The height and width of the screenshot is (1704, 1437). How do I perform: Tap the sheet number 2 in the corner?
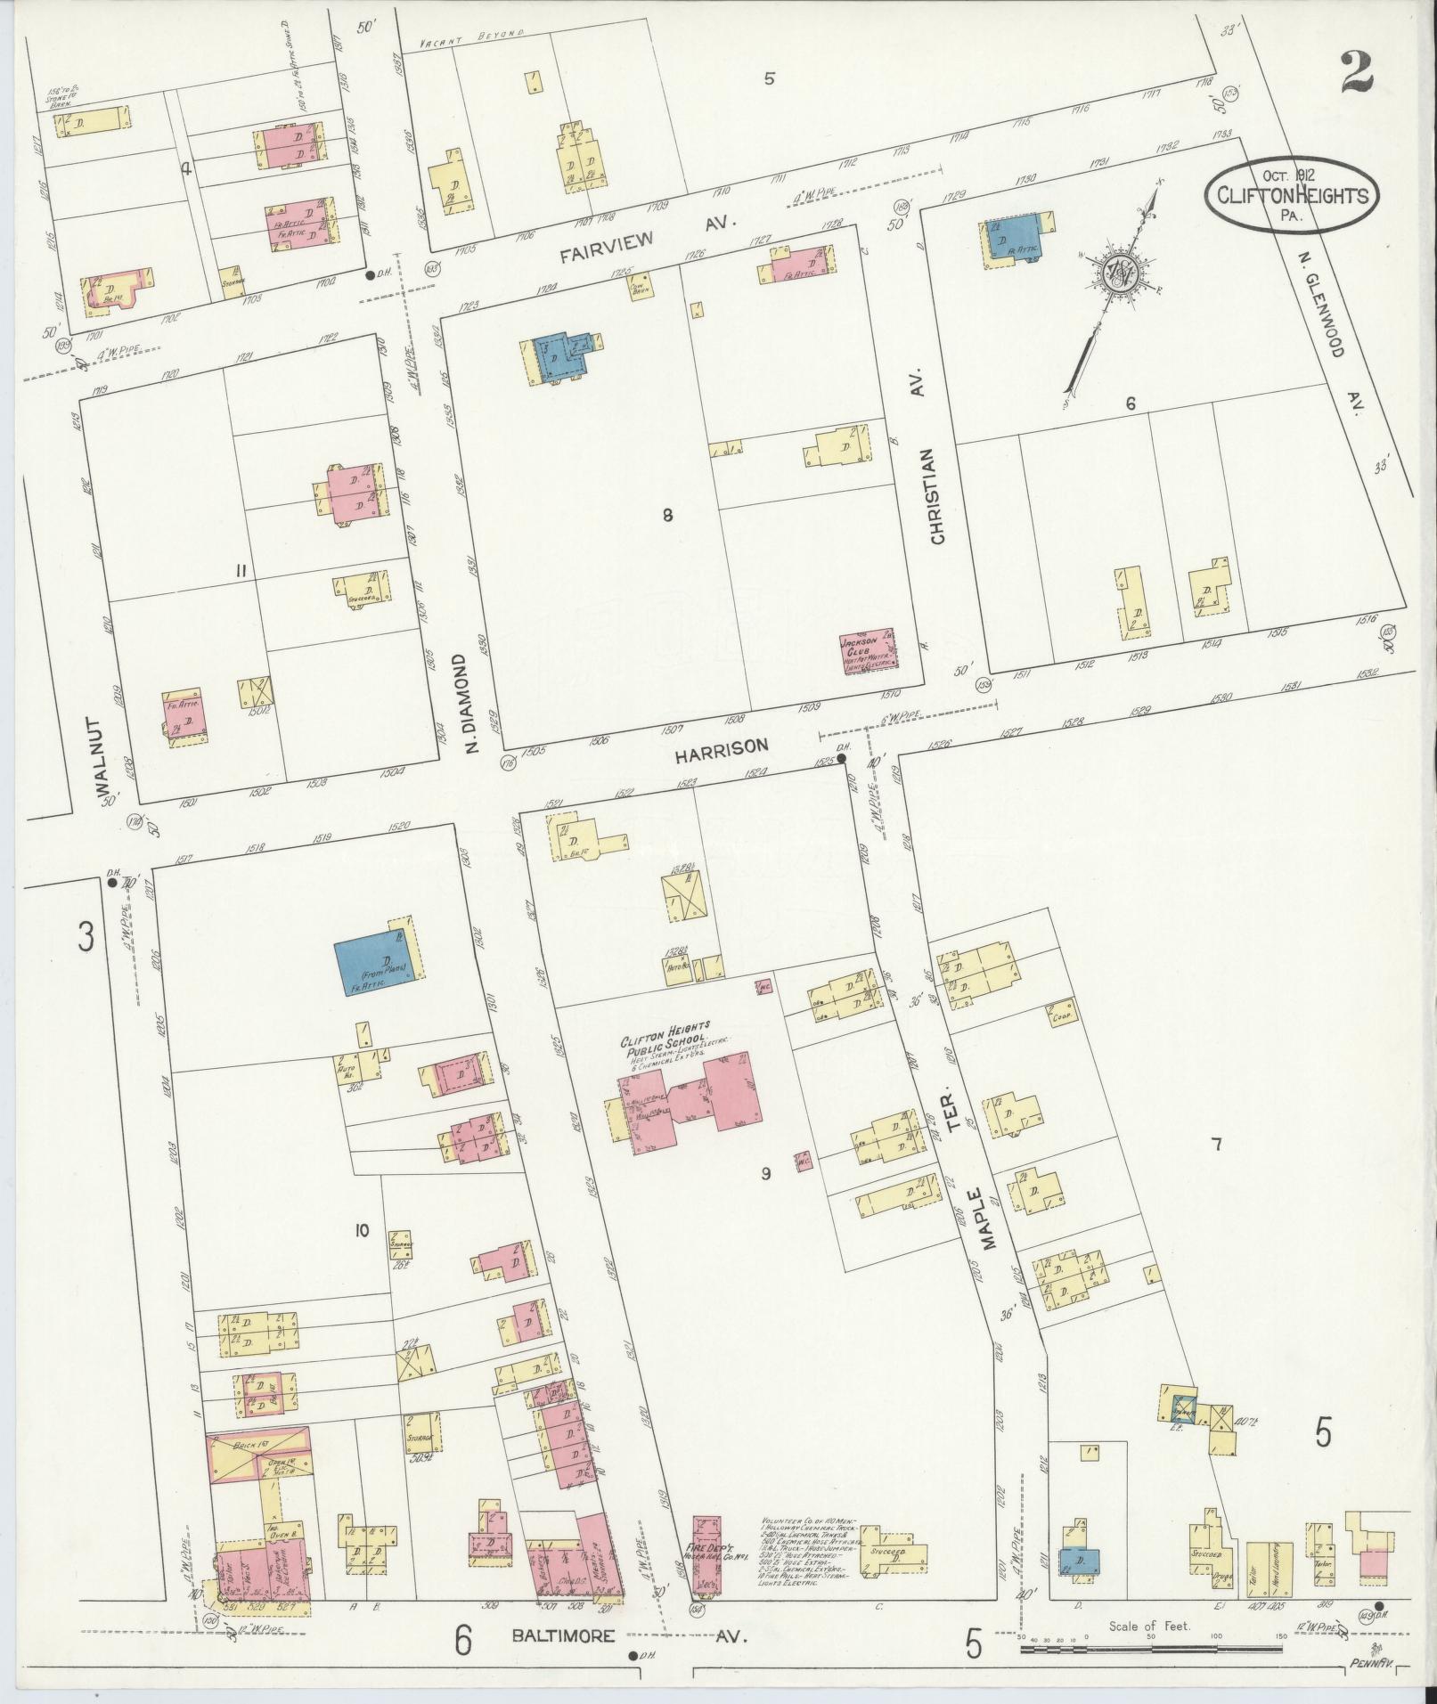click(x=1353, y=71)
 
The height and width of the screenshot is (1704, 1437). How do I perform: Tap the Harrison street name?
click(x=721, y=752)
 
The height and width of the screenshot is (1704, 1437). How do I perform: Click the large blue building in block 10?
click(x=367, y=966)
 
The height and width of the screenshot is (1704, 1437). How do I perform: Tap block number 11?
click(x=240, y=571)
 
